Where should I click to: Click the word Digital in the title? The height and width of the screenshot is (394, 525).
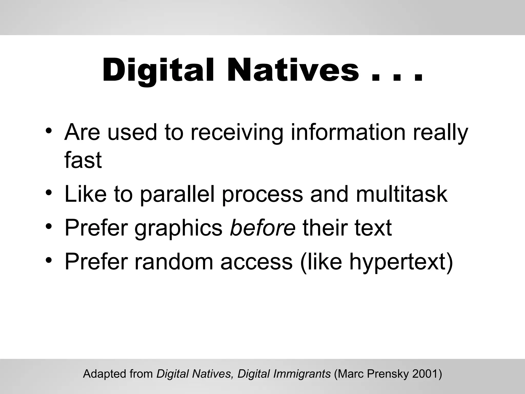158,71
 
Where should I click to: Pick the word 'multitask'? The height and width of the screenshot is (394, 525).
402,194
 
